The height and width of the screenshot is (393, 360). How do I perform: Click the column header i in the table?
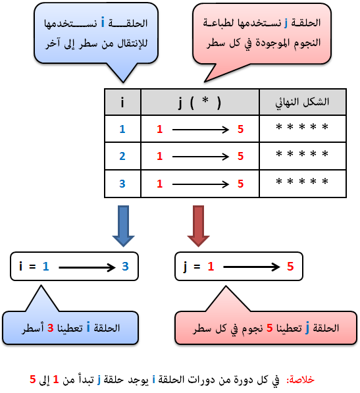tap(122, 102)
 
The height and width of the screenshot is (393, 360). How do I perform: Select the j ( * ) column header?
tap(199, 103)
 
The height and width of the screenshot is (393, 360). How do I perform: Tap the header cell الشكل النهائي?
tap(302, 102)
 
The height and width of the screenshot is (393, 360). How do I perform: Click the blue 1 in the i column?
tap(122, 129)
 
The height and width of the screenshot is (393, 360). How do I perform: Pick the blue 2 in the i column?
tap(122, 156)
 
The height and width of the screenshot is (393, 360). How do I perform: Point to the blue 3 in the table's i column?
tap(122, 184)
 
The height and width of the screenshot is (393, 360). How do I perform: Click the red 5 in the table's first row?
tap(240, 129)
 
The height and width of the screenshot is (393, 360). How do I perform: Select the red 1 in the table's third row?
tap(159, 184)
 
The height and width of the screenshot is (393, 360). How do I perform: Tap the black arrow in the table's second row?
tap(201, 157)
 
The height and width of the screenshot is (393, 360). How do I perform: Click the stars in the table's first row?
tap(302, 126)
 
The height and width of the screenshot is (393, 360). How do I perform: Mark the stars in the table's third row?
tap(302, 181)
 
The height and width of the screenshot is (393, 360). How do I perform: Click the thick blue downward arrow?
tap(123, 226)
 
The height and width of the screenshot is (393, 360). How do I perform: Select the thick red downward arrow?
tap(198, 226)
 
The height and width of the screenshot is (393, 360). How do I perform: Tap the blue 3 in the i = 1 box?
tap(125, 266)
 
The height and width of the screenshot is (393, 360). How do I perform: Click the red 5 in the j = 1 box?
tap(290, 266)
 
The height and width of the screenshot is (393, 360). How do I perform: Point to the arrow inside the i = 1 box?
tap(87, 267)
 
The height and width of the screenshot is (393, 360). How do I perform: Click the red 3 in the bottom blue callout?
tap(51, 328)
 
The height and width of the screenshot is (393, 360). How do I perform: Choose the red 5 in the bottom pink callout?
tap(270, 328)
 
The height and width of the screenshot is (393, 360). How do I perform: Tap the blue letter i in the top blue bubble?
tap(103, 22)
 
